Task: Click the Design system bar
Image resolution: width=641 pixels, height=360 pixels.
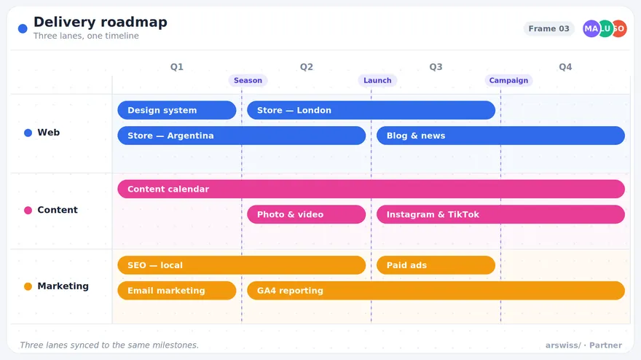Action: [176, 110]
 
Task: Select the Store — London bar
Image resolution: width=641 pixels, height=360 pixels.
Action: [371, 110]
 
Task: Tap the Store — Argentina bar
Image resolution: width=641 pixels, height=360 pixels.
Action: [241, 136]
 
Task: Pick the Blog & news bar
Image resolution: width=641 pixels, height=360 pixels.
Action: [500, 136]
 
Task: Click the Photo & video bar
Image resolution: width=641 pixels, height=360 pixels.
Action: [306, 214]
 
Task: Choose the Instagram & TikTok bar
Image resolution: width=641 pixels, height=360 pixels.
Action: [500, 214]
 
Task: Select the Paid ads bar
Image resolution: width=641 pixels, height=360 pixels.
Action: [436, 265]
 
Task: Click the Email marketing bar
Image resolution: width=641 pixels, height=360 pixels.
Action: [176, 291]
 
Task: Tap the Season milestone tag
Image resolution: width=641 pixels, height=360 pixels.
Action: [248, 81]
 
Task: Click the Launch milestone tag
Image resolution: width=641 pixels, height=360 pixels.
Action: [377, 81]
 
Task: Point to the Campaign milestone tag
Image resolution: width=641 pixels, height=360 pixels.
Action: [508, 81]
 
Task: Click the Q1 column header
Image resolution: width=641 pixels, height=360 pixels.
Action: [176, 67]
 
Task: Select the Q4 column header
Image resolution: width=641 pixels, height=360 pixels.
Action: [565, 67]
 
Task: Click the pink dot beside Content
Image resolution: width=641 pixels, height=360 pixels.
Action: [28, 211]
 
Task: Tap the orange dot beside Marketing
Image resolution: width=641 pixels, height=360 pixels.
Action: [28, 286]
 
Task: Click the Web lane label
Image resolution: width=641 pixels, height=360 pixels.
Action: [48, 132]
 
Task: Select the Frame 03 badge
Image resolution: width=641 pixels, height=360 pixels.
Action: [548, 28]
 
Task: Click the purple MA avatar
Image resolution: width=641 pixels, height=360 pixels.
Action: [591, 28]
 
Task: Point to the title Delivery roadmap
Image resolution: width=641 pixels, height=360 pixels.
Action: [101, 22]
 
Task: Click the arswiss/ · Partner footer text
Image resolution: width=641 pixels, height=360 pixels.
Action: [583, 345]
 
